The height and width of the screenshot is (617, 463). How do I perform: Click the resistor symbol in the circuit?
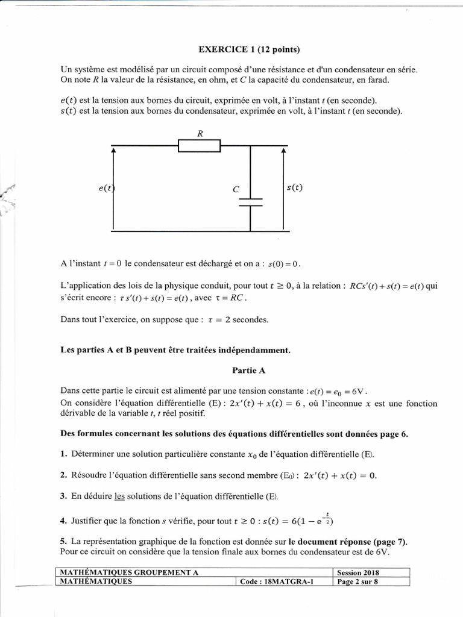(199, 146)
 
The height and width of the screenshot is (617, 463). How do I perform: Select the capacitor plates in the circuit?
(251, 201)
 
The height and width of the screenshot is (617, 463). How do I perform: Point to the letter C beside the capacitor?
(236, 189)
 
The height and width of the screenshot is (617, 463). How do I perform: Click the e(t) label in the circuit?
(106, 188)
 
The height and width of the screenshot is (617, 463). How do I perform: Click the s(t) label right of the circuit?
(295, 187)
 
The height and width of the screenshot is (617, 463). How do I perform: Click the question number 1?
(63, 454)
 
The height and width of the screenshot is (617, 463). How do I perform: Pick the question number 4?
(63, 519)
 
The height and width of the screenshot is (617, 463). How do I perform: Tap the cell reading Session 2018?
(359, 572)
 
